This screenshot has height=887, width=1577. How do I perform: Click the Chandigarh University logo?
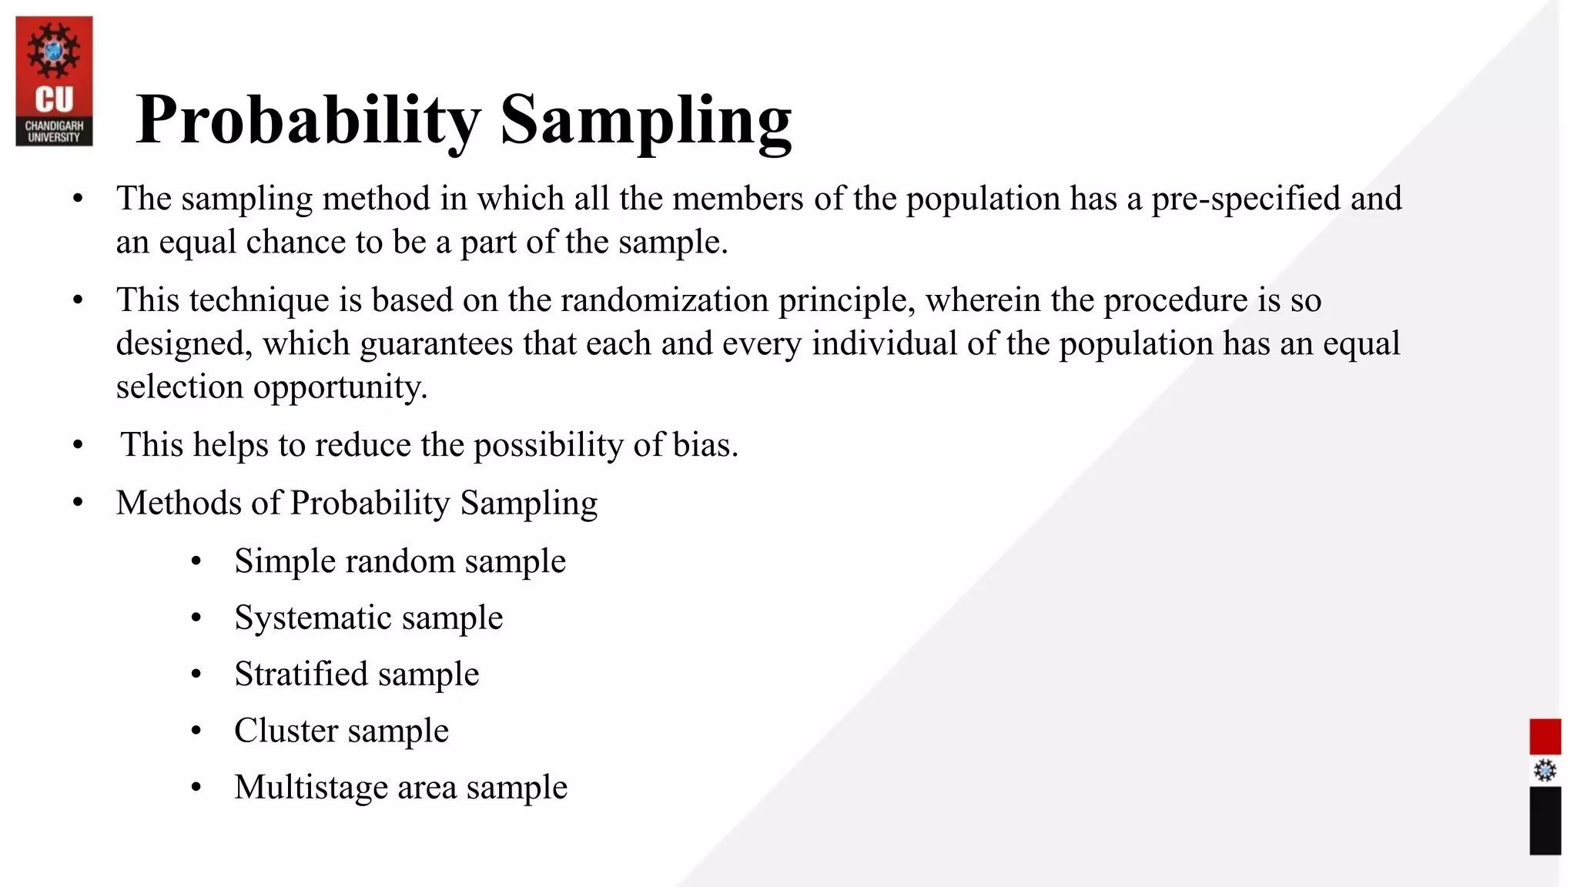pos(54,81)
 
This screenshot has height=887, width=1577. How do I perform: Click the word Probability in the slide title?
pos(308,119)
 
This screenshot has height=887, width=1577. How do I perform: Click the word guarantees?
pos(436,343)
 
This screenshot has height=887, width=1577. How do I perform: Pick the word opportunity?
pos(339,387)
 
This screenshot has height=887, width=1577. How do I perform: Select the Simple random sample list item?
pos(400,561)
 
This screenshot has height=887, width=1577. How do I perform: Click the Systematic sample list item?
pos(368,618)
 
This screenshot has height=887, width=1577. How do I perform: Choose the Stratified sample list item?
pos(357,674)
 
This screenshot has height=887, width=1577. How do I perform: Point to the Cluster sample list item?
pos(341,731)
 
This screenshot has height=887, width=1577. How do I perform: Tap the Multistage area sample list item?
pos(400,788)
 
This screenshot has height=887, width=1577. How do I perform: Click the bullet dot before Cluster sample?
pos(196,731)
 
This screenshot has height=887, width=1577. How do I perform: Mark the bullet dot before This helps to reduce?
pos(78,445)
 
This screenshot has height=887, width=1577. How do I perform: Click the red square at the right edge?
pos(1545,736)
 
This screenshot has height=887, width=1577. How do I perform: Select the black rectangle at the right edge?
pos(1545,820)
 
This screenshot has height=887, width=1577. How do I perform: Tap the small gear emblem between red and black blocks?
pos(1545,770)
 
